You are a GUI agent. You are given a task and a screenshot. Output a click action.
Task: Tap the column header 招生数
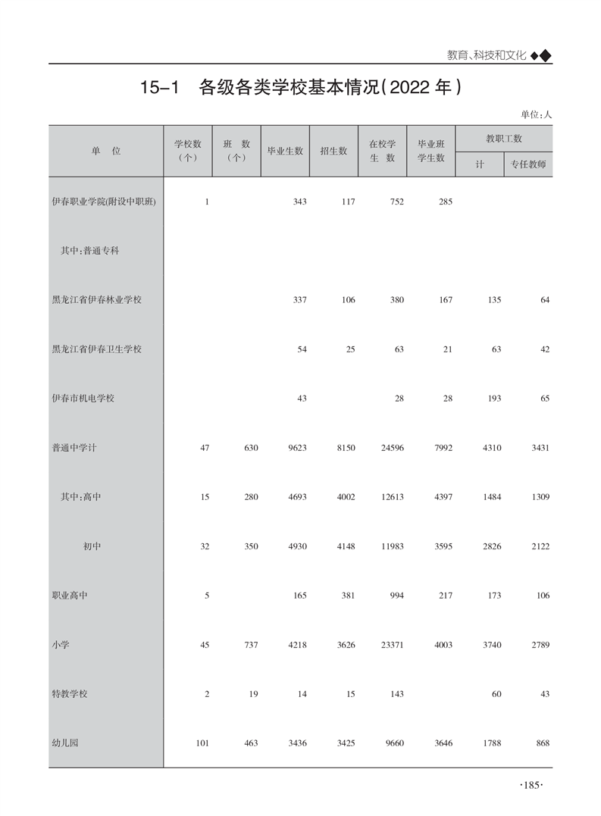[x=333, y=151]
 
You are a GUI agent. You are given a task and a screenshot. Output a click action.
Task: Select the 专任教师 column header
[x=528, y=164]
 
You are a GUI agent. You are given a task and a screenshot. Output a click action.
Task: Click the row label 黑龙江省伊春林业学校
[x=96, y=300]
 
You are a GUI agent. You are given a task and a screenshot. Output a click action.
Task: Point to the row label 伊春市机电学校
[x=83, y=399]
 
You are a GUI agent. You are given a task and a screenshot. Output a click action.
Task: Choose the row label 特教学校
[x=70, y=694]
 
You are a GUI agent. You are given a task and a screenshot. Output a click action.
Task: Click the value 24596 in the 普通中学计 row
[x=392, y=448]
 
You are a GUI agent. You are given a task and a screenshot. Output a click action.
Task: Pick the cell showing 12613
[x=392, y=497]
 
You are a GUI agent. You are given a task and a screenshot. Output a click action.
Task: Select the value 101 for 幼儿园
[x=202, y=743]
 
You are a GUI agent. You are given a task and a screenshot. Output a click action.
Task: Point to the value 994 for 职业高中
[x=397, y=596]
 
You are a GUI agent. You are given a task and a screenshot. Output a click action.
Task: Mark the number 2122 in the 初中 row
[x=540, y=546]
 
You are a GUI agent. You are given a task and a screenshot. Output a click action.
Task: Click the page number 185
[x=532, y=786]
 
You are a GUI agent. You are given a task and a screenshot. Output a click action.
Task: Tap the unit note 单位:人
[x=536, y=114]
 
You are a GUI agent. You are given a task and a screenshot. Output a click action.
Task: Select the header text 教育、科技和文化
[x=487, y=55]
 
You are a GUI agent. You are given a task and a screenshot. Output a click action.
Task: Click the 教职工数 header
[x=503, y=139]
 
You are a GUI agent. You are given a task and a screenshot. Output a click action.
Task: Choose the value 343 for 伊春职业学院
[x=299, y=202]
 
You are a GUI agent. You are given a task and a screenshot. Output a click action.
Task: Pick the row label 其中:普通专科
[x=89, y=251]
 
